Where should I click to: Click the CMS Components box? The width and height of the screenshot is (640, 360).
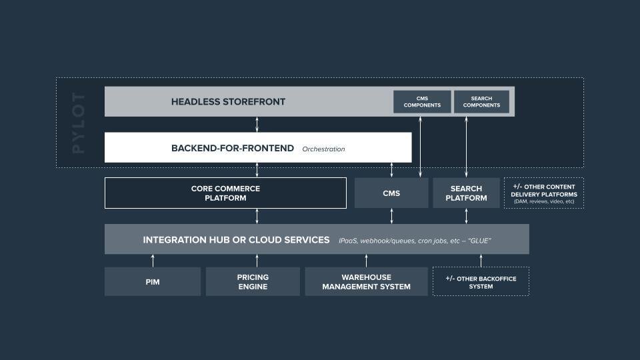(x=422, y=101)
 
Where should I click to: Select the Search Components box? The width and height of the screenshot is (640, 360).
(x=481, y=101)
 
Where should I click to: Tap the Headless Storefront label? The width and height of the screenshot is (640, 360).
(x=228, y=101)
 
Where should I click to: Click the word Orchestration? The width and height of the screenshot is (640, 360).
(x=324, y=149)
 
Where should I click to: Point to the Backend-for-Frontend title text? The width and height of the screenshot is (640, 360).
(x=233, y=148)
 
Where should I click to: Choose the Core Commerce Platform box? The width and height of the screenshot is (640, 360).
(x=225, y=193)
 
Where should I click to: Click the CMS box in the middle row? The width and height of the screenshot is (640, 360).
(x=391, y=193)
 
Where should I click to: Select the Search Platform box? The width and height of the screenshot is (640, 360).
(x=466, y=193)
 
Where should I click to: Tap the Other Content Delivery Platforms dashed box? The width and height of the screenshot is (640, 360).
(x=544, y=193)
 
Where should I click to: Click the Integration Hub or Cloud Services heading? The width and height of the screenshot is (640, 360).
(x=236, y=239)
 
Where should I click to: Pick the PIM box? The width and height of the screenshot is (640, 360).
(x=153, y=281)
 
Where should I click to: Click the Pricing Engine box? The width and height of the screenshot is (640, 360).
(x=253, y=281)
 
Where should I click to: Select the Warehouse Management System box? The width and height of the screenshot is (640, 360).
(x=366, y=281)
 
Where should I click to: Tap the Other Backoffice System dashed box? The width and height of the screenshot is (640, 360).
(x=481, y=281)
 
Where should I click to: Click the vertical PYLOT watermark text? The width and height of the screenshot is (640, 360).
(x=78, y=123)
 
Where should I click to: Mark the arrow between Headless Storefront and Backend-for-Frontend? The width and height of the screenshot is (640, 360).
(x=257, y=125)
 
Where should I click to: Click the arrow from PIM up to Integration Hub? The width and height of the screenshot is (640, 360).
(x=153, y=261)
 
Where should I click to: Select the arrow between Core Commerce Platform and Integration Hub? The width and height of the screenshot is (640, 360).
(x=257, y=216)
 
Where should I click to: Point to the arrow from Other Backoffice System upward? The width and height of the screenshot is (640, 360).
(x=481, y=261)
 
